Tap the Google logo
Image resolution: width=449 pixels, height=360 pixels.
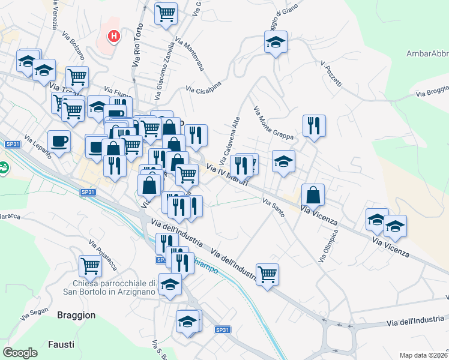[20, 353]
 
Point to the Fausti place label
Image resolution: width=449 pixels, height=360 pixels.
[61, 344]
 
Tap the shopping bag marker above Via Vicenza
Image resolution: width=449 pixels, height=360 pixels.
[313, 194]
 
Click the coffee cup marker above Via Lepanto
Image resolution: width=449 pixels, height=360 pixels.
[59, 141]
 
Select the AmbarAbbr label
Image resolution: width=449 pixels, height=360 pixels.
[427, 53]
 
